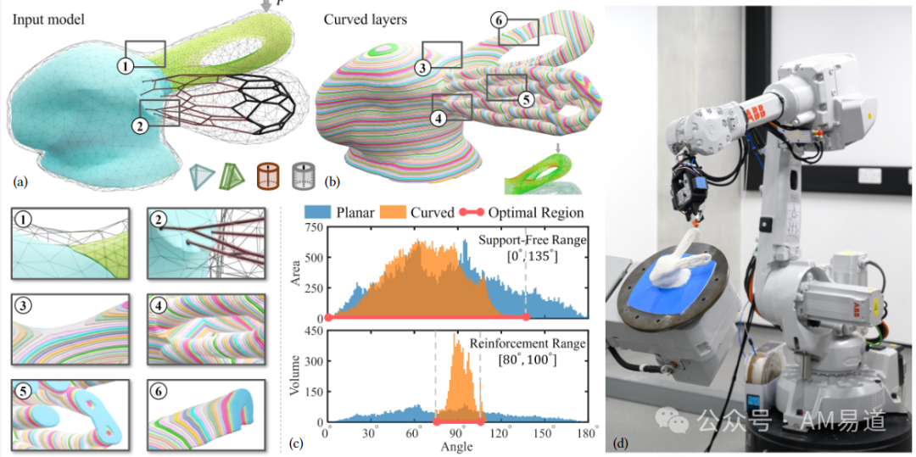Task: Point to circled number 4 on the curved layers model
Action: (438, 119)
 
